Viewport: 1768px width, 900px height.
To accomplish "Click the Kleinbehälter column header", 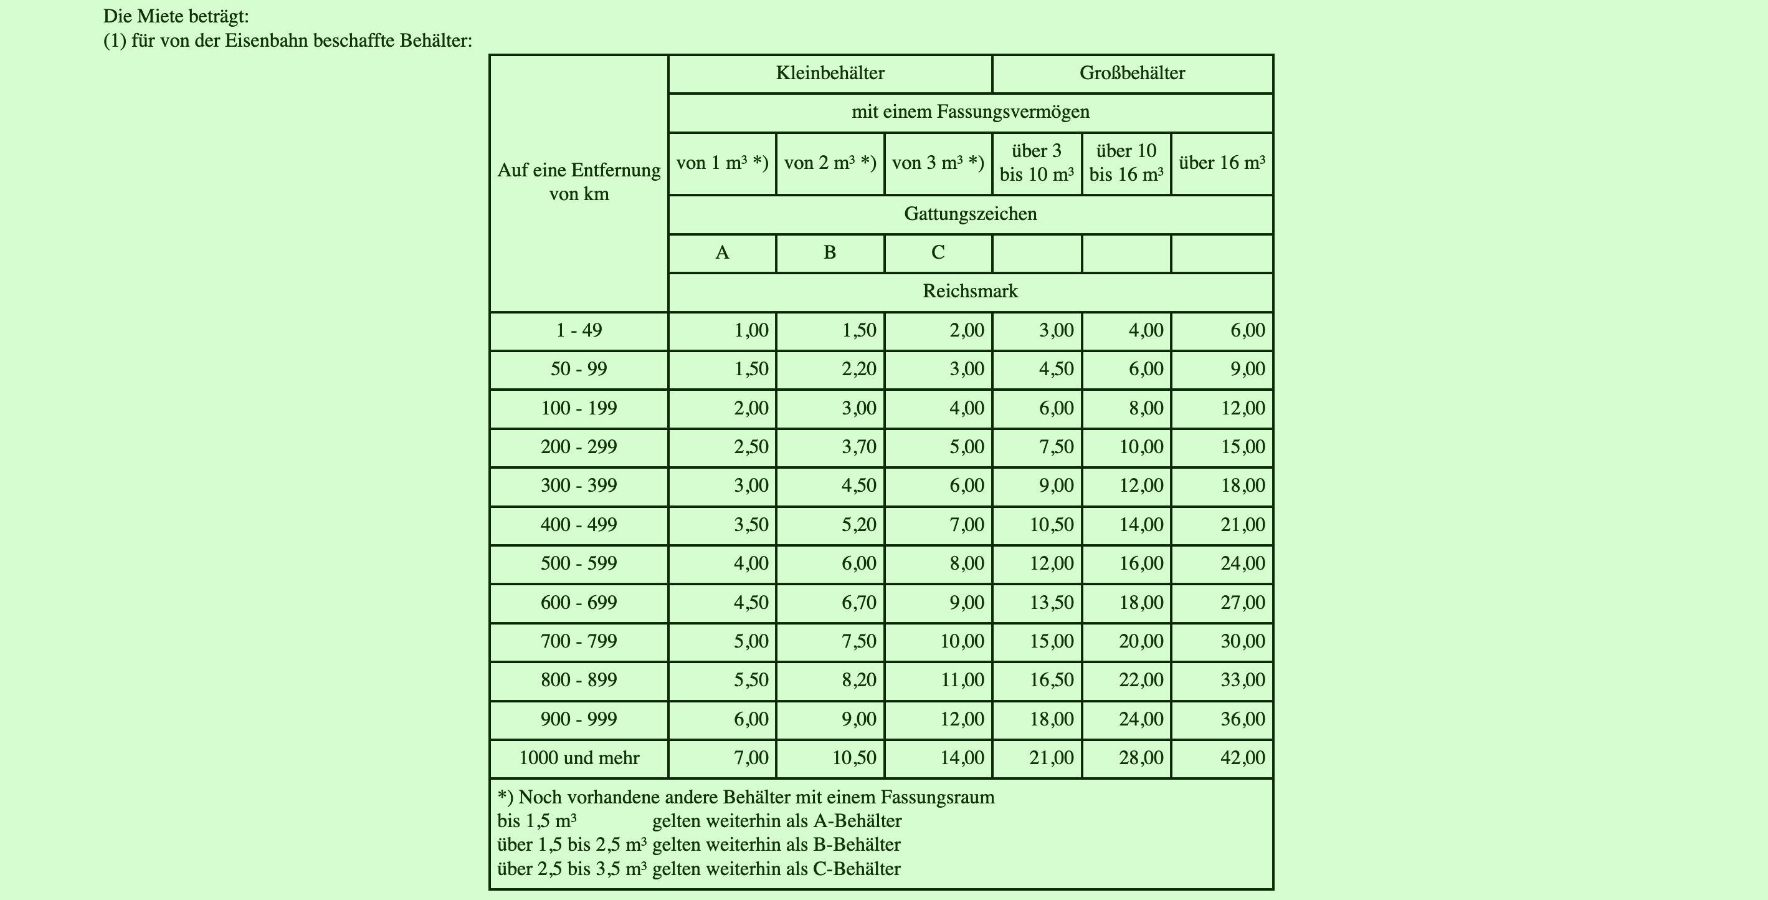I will [830, 73].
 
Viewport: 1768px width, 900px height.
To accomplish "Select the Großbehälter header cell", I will [1132, 73].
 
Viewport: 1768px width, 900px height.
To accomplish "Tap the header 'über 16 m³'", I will [1222, 163].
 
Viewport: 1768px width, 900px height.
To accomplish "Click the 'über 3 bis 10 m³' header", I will [1037, 163].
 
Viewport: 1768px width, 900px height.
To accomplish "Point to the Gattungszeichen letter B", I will [830, 253].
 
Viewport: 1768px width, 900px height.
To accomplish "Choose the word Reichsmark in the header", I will [970, 292].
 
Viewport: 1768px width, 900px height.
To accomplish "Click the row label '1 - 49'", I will [579, 331].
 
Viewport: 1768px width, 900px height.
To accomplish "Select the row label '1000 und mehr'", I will [579, 759].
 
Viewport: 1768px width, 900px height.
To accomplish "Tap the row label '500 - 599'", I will [579, 563].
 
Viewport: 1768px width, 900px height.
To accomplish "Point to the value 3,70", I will [858, 448].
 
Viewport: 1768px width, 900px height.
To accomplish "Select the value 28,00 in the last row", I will [1141, 759].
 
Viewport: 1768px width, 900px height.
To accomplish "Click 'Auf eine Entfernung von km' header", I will [579, 182].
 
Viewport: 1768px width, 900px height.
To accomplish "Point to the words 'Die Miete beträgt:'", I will [176, 16].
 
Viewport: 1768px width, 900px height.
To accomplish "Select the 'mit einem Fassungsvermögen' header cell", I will [970, 112].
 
